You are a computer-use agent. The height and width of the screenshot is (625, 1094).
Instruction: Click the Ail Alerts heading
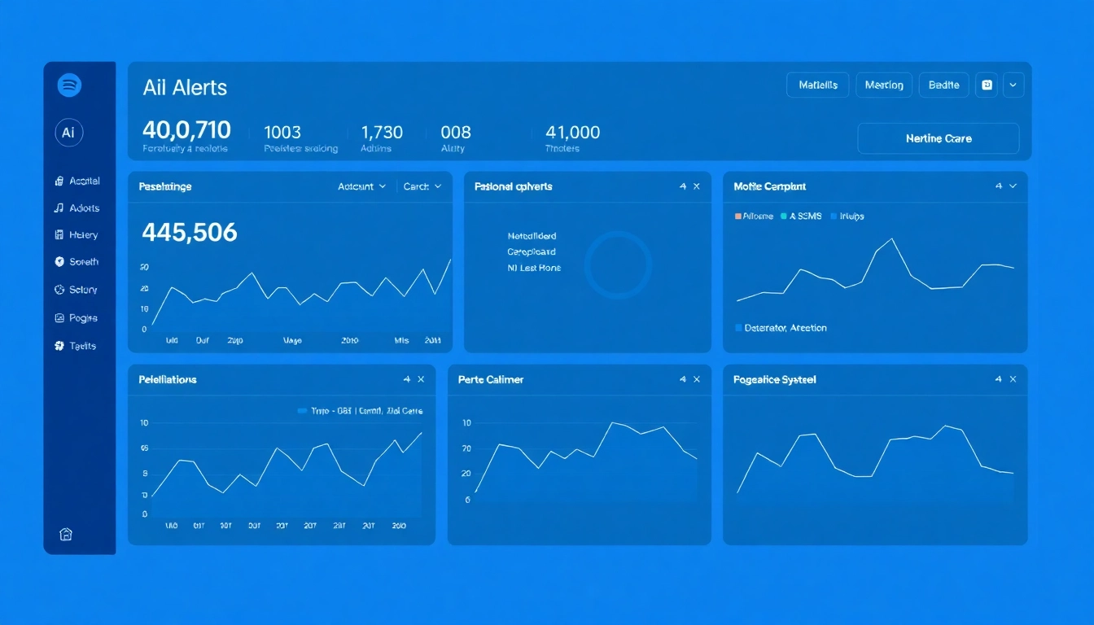(185, 88)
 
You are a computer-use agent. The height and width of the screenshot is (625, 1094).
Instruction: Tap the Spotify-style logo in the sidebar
(69, 85)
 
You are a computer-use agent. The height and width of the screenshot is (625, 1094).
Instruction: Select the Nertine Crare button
(938, 138)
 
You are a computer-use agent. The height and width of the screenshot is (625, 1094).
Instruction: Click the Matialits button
(817, 85)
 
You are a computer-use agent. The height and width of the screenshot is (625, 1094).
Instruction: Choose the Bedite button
(943, 85)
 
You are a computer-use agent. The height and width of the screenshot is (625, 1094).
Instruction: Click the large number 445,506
(190, 234)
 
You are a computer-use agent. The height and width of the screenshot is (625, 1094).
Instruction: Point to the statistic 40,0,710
(186, 130)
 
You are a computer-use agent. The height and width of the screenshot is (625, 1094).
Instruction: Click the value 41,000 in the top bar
(572, 132)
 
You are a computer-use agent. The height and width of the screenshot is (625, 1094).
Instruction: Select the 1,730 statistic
(382, 132)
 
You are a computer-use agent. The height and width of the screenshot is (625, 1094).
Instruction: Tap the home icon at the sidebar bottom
(66, 534)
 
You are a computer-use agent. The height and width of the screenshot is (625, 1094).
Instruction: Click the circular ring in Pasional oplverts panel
(618, 264)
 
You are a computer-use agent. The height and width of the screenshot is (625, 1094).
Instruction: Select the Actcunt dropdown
(361, 186)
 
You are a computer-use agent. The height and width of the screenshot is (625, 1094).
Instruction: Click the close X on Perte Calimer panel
(696, 379)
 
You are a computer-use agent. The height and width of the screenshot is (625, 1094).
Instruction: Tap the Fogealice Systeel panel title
(774, 380)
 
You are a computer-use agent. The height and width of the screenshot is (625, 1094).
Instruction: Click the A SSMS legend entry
(801, 216)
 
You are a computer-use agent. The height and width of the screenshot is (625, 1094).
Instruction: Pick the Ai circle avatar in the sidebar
(69, 132)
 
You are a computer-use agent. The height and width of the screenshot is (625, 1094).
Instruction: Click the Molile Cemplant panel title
(769, 186)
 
